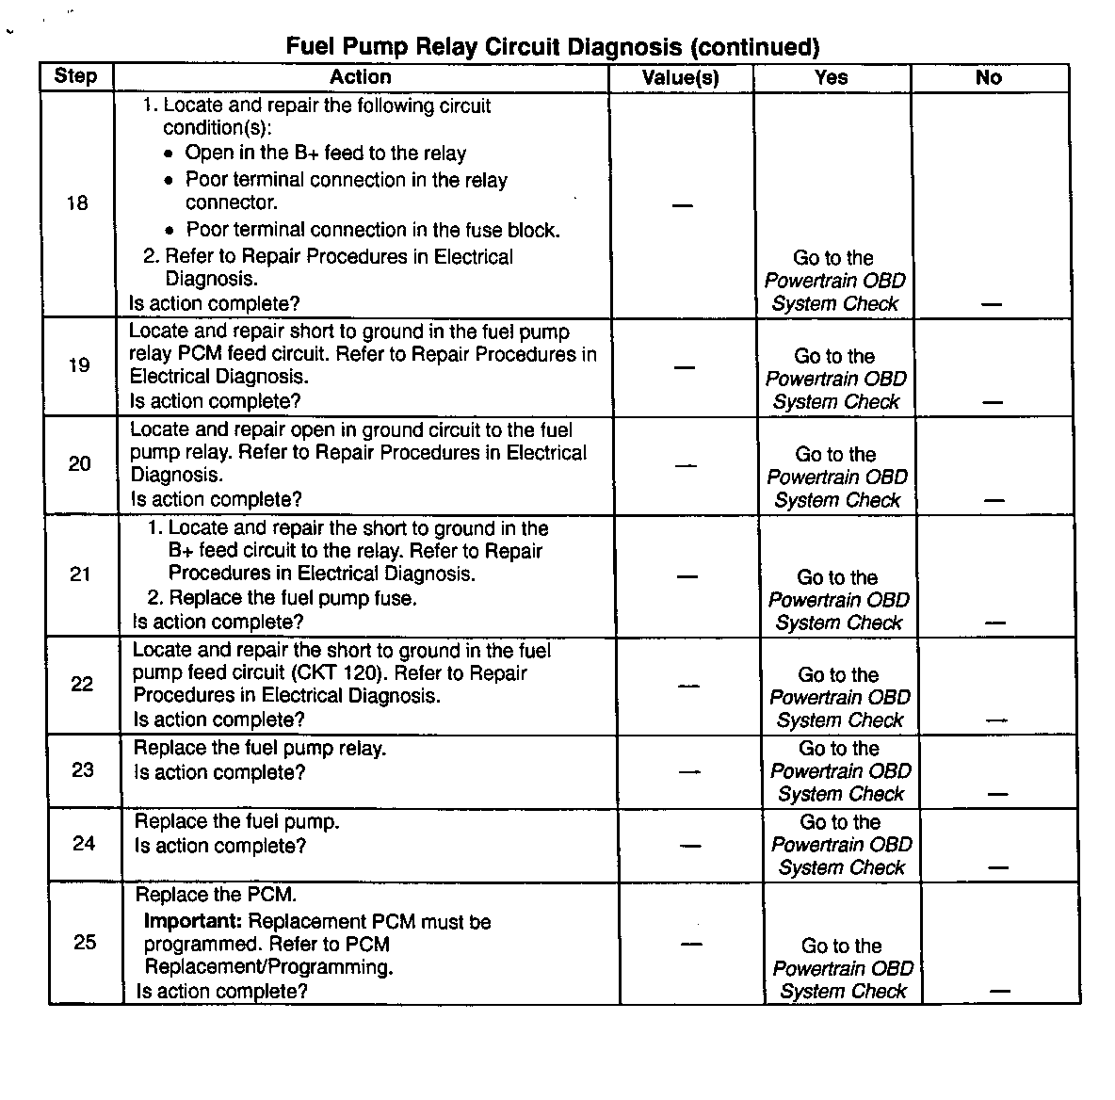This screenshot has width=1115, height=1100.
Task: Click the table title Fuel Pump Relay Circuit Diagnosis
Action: (x=553, y=46)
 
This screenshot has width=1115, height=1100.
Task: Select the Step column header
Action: (x=75, y=76)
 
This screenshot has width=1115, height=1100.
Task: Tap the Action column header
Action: (x=361, y=77)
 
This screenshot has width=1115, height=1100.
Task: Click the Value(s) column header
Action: (x=680, y=78)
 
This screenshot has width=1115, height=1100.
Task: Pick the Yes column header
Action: (x=831, y=77)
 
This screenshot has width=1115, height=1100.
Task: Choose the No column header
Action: (x=988, y=78)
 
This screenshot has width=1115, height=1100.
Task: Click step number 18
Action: (x=77, y=202)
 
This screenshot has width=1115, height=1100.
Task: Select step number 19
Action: (x=79, y=365)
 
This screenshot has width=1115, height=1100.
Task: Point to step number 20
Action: (x=80, y=463)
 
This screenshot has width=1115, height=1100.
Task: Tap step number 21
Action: (x=81, y=574)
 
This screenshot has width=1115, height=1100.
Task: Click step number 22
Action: (x=82, y=684)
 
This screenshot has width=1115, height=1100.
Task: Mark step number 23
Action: (x=83, y=769)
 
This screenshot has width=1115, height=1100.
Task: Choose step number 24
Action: (x=84, y=843)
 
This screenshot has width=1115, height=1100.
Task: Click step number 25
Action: (x=85, y=942)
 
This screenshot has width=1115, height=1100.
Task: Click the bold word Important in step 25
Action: (x=193, y=921)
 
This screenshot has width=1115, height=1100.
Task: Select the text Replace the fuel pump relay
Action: (x=260, y=749)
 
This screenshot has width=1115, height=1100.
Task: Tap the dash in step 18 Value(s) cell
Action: (x=683, y=205)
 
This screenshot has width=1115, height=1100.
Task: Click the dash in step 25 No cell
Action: (x=1000, y=991)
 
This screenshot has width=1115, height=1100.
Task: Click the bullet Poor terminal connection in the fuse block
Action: (x=372, y=230)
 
